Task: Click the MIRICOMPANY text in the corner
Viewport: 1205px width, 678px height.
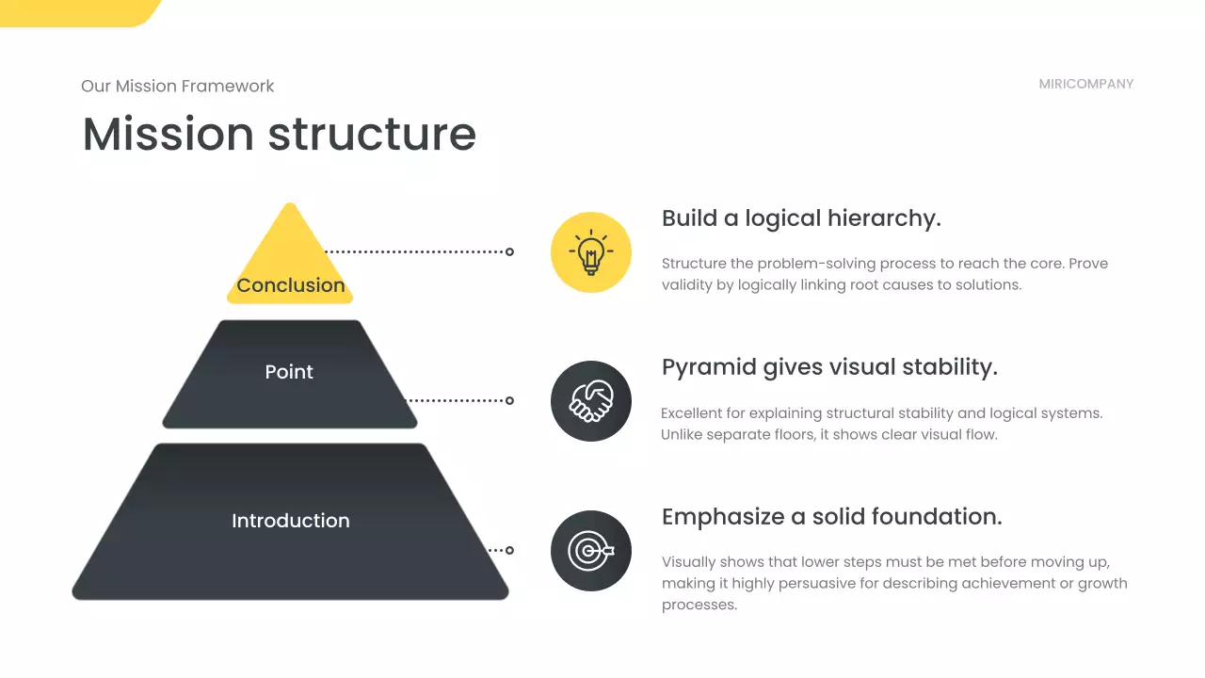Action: [1085, 84]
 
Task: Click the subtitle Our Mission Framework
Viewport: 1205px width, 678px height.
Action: [177, 86]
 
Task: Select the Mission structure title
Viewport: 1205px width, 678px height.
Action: [279, 133]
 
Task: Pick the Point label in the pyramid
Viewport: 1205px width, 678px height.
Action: [289, 372]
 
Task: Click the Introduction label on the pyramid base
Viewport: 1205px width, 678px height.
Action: [290, 521]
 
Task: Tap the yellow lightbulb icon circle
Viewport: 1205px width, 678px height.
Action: [590, 251]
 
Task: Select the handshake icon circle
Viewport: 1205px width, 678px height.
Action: [590, 401]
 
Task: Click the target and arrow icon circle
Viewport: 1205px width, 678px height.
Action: [590, 551]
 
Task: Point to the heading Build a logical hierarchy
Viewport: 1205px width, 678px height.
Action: [801, 218]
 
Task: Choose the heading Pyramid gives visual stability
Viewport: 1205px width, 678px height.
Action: [829, 367]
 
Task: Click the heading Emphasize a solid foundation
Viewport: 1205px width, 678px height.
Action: [831, 517]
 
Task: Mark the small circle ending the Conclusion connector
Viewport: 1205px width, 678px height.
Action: [509, 251]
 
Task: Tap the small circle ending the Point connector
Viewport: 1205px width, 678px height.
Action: [509, 400]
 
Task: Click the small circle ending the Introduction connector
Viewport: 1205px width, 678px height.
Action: [509, 550]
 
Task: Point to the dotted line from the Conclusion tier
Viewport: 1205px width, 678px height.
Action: [414, 251]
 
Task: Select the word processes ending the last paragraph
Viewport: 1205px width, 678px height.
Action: [699, 605]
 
